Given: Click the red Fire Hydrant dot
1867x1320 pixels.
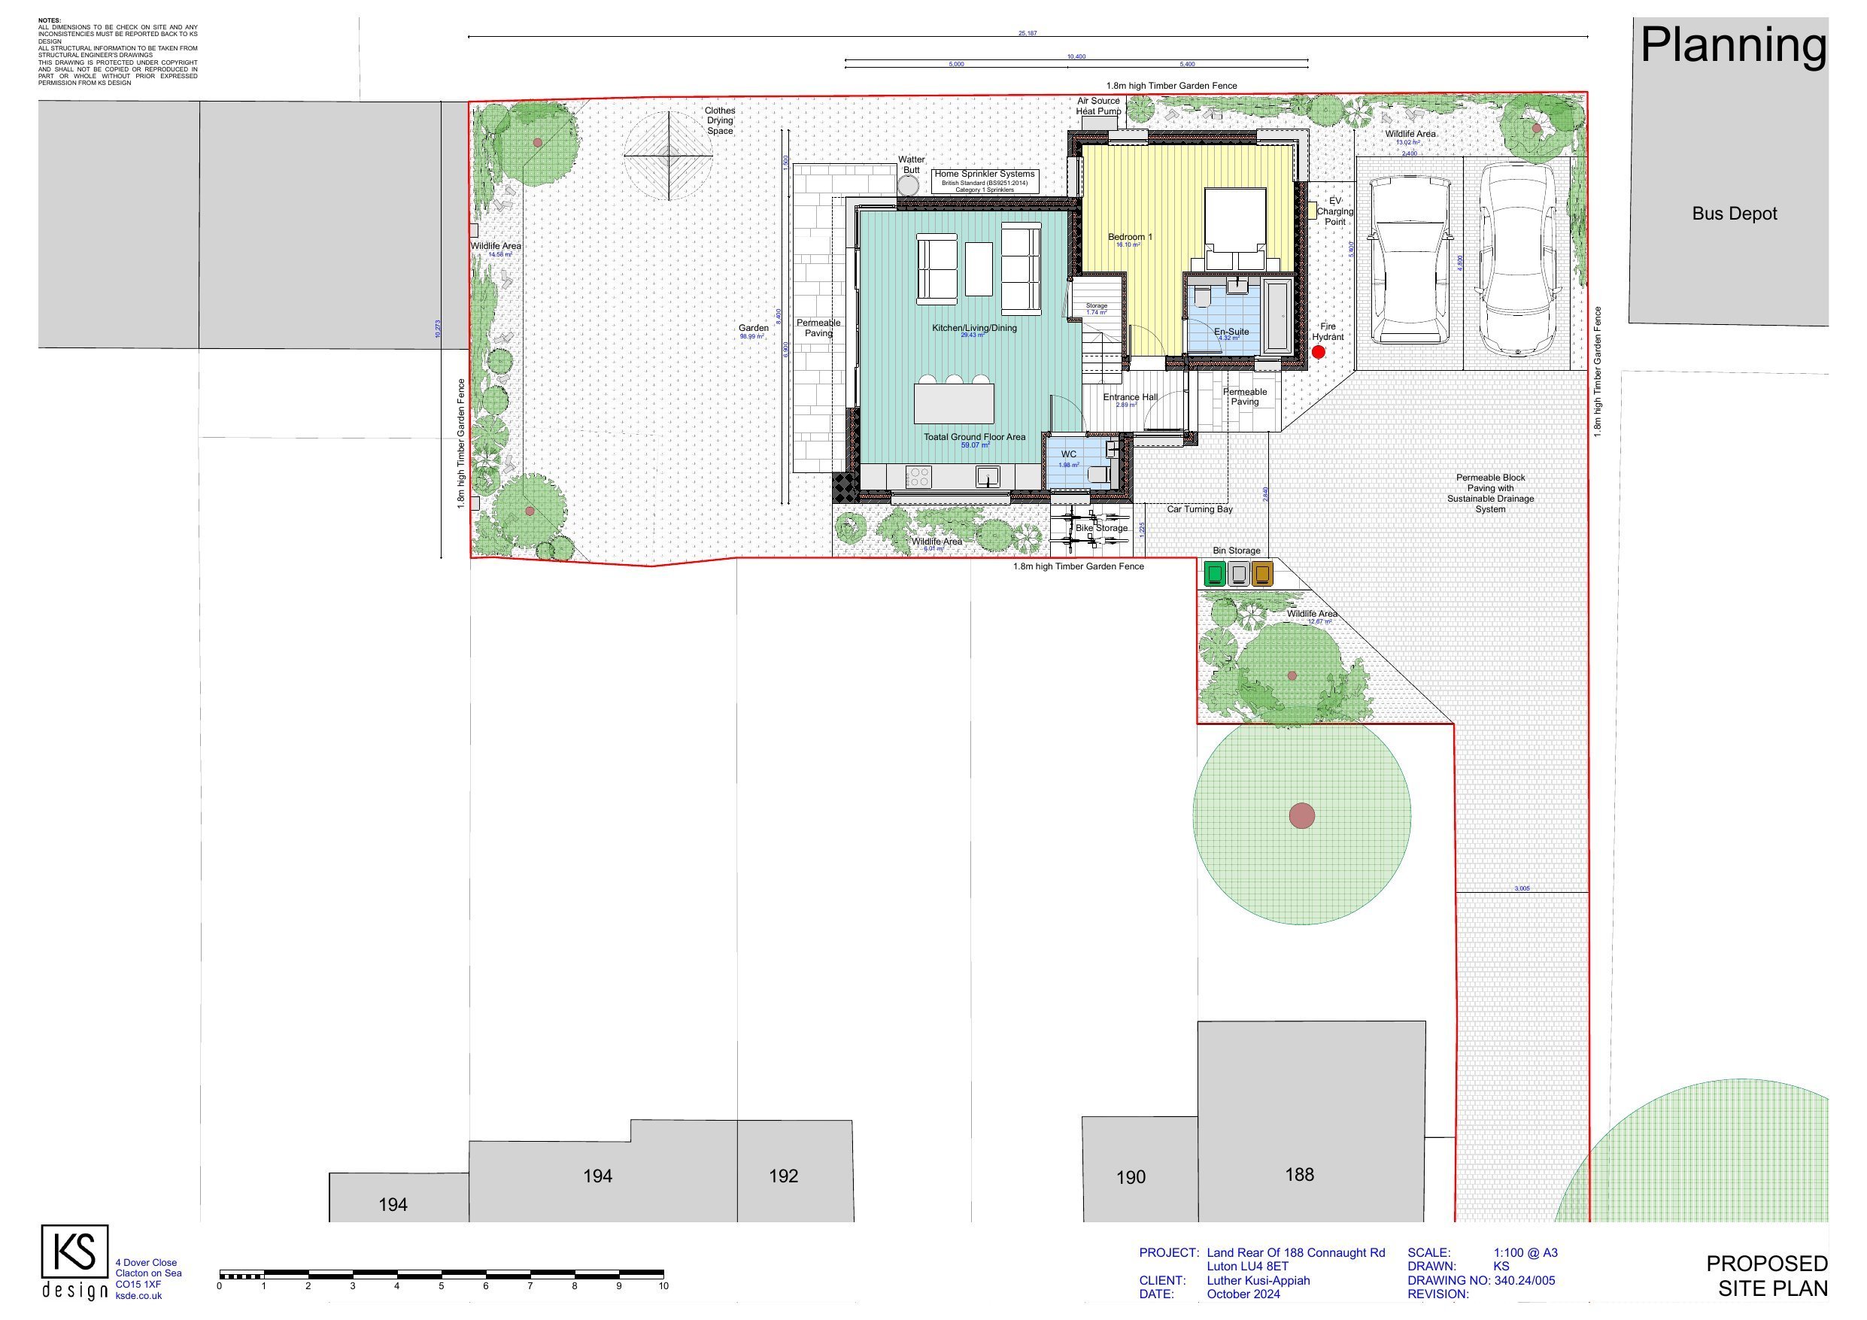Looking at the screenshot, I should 1318,352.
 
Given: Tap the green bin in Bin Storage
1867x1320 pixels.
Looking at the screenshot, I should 1215,574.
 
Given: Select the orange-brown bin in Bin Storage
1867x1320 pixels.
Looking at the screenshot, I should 1262,574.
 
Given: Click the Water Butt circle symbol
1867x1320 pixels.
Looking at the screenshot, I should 907,186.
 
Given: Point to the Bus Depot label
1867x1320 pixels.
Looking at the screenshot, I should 1735,214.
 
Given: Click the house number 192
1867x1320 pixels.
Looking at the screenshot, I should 783,1176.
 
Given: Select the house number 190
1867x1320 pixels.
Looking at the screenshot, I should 1131,1177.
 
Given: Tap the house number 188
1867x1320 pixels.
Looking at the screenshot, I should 1299,1174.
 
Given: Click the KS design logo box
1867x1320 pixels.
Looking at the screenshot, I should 74,1252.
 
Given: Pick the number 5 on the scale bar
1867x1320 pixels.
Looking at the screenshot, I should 442,1287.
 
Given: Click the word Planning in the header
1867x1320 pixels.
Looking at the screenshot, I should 1733,46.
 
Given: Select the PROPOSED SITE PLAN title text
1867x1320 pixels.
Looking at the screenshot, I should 1766,1276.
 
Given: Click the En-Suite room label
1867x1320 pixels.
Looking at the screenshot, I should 1231,332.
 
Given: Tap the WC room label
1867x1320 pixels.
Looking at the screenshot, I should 1068,454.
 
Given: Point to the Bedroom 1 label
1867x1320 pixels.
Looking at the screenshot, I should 1131,237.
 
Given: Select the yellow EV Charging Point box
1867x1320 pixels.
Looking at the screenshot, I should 1312,211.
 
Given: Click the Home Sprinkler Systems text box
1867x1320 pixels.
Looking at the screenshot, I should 985,181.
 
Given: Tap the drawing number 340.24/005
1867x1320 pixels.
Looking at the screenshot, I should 1525,1281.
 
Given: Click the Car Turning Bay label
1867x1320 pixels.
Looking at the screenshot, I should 1199,509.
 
